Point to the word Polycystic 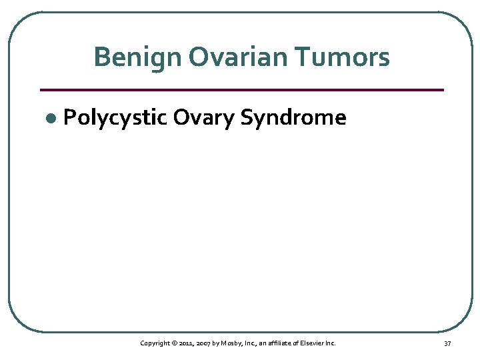(114, 118)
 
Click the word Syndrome (293, 118)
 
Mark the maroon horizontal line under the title (241, 89)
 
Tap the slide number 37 (447, 343)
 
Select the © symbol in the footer (173, 343)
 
